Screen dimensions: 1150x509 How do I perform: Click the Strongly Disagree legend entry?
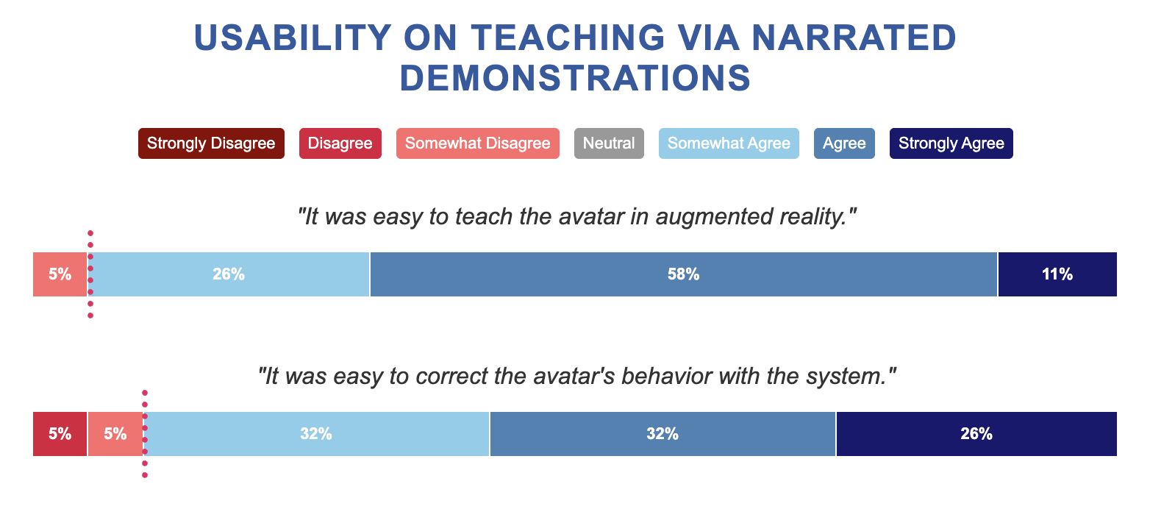click(x=211, y=143)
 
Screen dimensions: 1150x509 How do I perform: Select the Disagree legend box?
click(x=340, y=143)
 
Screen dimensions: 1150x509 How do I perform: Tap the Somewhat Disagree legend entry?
click(x=477, y=143)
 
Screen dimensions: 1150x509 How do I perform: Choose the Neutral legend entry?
click(x=609, y=143)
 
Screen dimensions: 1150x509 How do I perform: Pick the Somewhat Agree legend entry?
click(x=729, y=143)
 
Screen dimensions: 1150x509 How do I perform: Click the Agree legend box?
click(x=844, y=143)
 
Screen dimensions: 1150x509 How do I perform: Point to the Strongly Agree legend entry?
click(x=951, y=143)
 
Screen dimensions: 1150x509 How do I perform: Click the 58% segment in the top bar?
click(x=684, y=274)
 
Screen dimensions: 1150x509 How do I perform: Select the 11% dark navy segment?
click(x=1057, y=274)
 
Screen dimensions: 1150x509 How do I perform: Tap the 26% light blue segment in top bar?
click(x=229, y=274)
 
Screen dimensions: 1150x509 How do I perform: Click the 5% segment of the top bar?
click(x=60, y=274)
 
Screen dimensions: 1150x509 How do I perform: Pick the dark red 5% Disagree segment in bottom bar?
click(x=60, y=434)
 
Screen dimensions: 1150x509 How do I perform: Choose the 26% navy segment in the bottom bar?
click(x=976, y=434)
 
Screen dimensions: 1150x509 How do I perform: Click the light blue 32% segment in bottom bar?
click(x=316, y=434)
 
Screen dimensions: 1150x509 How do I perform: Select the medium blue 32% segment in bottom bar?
click(x=662, y=434)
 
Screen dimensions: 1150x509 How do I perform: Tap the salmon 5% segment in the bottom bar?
click(x=115, y=434)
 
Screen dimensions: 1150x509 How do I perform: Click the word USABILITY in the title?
click(x=293, y=38)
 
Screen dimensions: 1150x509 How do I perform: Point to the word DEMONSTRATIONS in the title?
click(x=575, y=78)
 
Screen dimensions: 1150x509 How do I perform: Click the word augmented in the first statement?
click(x=714, y=217)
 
